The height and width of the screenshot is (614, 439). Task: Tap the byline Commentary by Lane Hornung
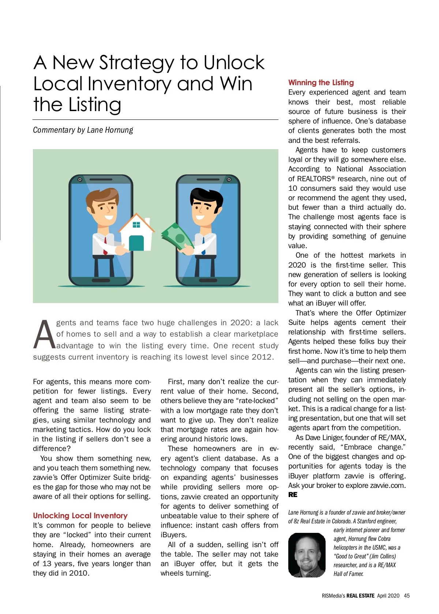click(83, 130)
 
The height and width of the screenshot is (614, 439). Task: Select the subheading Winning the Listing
click(321, 83)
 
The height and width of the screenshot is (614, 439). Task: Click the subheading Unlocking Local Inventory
click(80, 516)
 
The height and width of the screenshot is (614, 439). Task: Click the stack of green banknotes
click(177, 238)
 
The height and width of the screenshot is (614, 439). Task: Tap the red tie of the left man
click(105, 245)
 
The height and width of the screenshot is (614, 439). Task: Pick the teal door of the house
click(136, 243)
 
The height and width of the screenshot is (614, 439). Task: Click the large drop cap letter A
click(44, 335)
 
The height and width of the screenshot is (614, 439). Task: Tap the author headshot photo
click(307, 555)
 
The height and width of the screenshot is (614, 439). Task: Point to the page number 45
click(407, 596)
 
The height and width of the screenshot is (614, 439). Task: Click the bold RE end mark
click(293, 495)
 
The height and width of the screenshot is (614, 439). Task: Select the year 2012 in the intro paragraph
click(262, 357)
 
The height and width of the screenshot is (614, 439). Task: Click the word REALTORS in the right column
click(314, 179)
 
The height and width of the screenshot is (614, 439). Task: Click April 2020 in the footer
click(388, 596)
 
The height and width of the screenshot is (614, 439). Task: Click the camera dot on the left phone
click(79, 179)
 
